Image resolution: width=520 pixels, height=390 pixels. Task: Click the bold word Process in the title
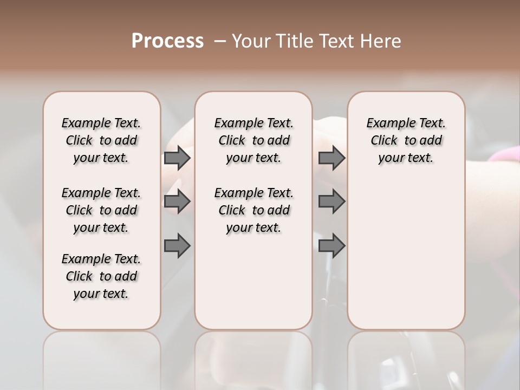pyautogui.click(x=167, y=41)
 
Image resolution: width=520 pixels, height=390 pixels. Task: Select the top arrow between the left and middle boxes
pyautogui.click(x=177, y=158)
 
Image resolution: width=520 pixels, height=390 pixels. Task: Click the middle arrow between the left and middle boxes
pyautogui.click(x=177, y=202)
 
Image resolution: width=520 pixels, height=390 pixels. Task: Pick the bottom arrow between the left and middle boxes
pyautogui.click(x=177, y=246)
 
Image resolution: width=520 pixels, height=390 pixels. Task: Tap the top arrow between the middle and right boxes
pyautogui.click(x=331, y=158)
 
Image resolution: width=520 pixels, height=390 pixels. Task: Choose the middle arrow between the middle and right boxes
pyautogui.click(x=331, y=202)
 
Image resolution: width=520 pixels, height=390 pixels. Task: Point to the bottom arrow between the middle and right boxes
pyautogui.click(x=331, y=246)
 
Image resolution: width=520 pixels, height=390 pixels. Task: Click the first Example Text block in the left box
pyautogui.click(x=101, y=140)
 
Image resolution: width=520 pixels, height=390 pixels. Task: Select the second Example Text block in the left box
pyautogui.click(x=101, y=210)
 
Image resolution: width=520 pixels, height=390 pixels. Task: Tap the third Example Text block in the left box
pyautogui.click(x=101, y=276)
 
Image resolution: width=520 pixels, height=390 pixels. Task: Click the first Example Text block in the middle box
pyautogui.click(x=253, y=140)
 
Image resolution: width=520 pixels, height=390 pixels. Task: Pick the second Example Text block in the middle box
pyautogui.click(x=253, y=210)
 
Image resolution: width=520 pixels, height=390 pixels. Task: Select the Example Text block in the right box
pyautogui.click(x=406, y=140)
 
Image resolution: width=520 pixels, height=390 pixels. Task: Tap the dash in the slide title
pyautogui.click(x=220, y=41)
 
